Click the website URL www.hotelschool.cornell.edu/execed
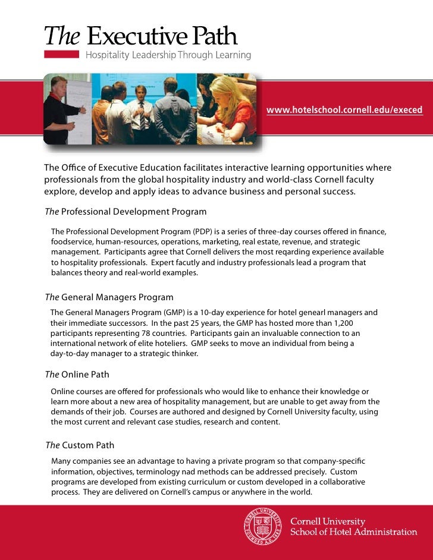[344, 110]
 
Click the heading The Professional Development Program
[126, 212]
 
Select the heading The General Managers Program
[109, 297]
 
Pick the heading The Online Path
[77, 375]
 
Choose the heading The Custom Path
[80, 445]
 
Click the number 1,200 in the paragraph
[366, 322]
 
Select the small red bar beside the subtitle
[62, 54]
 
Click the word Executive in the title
[131, 37]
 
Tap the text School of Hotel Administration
[353, 531]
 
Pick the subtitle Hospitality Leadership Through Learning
[169, 55]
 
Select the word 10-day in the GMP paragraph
[212, 312]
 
